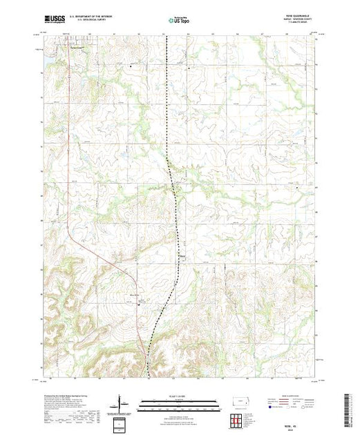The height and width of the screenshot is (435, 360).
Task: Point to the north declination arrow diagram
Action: click(120, 403)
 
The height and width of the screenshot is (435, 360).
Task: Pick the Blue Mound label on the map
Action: click(136, 293)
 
